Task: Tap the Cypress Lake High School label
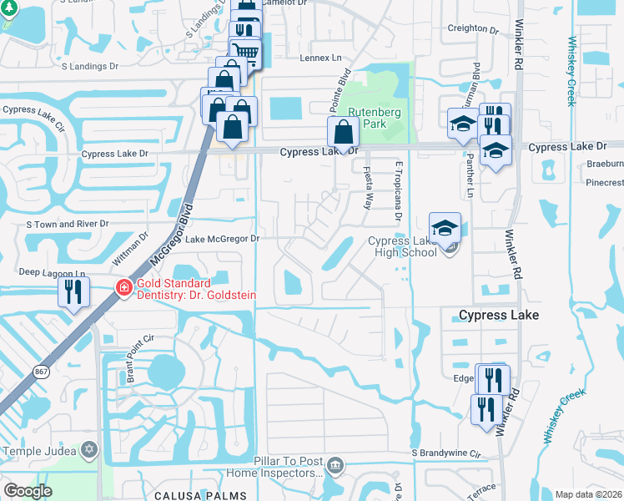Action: point(402,246)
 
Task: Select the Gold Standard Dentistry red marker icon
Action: point(123,288)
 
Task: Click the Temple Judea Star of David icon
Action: point(89,451)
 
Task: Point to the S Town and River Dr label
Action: point(68,224)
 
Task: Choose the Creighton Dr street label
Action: point(473,28)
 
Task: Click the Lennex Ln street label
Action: point(321,58)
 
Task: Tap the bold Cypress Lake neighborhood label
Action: point(499,315)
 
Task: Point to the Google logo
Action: point(28,490)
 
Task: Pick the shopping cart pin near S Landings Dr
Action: point(245,52)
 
